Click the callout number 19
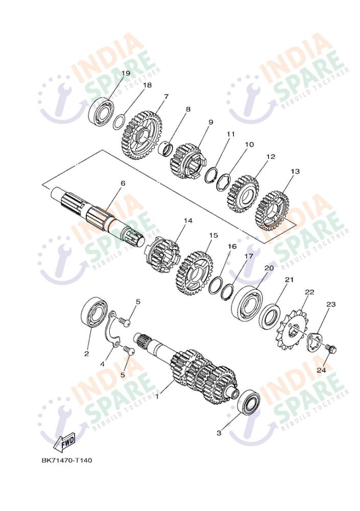126,73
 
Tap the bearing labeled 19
101,111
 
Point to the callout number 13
296,171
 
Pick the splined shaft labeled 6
98,215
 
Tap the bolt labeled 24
331,349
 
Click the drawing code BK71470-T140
66,460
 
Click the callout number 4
102,364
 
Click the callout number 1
157,397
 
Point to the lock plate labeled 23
314,341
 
